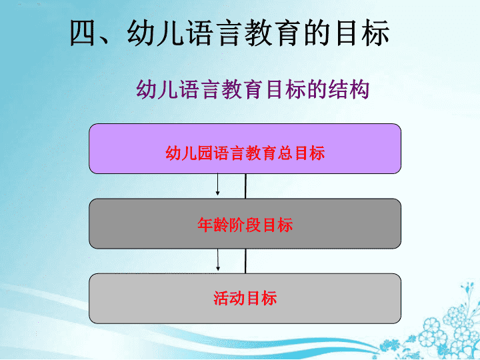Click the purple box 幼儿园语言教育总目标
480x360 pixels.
coord(245,149)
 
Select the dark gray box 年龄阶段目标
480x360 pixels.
coord(245,224)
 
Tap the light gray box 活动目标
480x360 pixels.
coord(245,299)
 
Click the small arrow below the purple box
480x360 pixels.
coord(217,184)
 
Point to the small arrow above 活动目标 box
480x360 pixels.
coord(218,259)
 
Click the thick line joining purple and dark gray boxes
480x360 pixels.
coord(245,186)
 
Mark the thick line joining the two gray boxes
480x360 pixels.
coord(245,261)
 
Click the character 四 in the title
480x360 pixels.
coord(83,33)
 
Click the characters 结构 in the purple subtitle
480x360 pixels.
coord(349,89)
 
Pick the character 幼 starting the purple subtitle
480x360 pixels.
coord(146,89)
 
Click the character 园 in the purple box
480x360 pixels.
coord(205,153)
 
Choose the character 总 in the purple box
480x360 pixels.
coord(285,153)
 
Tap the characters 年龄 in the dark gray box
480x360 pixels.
coord(213,225)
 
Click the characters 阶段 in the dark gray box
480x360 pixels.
coord(245,225)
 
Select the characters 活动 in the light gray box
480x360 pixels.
coord(229,298)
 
